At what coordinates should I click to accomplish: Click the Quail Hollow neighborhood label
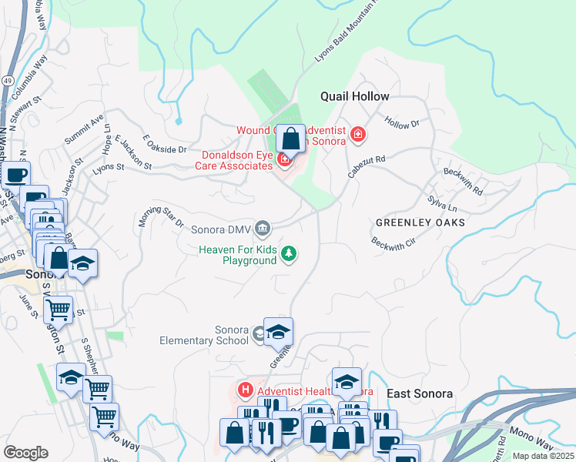[355, 96]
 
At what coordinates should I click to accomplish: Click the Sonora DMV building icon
[263, 227]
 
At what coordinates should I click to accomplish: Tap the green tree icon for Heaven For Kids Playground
[289, 253]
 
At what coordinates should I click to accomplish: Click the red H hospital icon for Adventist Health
[246, 390]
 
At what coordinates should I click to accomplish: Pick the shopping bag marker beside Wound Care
[291, 139]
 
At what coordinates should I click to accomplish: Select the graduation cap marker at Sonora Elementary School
[279, 332]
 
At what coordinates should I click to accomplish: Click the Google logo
[25, 453]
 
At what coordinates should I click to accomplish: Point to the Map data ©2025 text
[543, 456]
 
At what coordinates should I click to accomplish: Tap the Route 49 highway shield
[7, 81]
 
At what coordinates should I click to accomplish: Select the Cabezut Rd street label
[366, 163]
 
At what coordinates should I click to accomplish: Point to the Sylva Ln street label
[442, 203]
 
